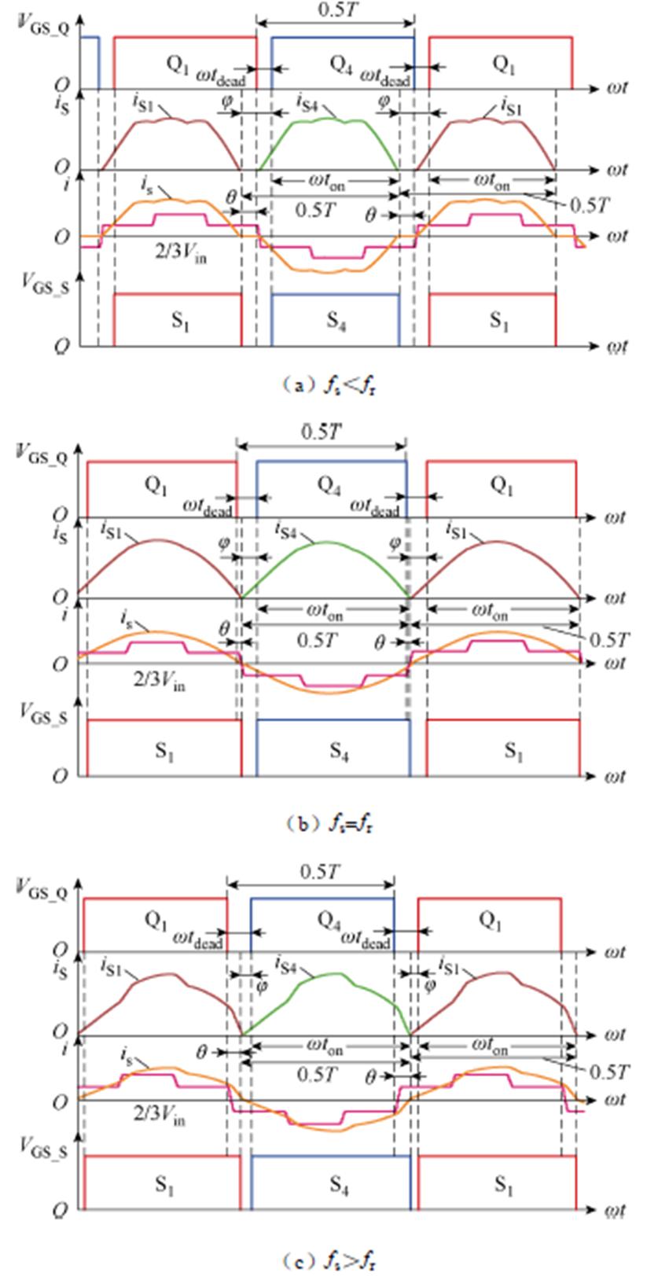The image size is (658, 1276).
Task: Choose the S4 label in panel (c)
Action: point(338,1185)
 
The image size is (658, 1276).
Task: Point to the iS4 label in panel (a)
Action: point(307,101)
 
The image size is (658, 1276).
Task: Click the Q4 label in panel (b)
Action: point(329,484)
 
